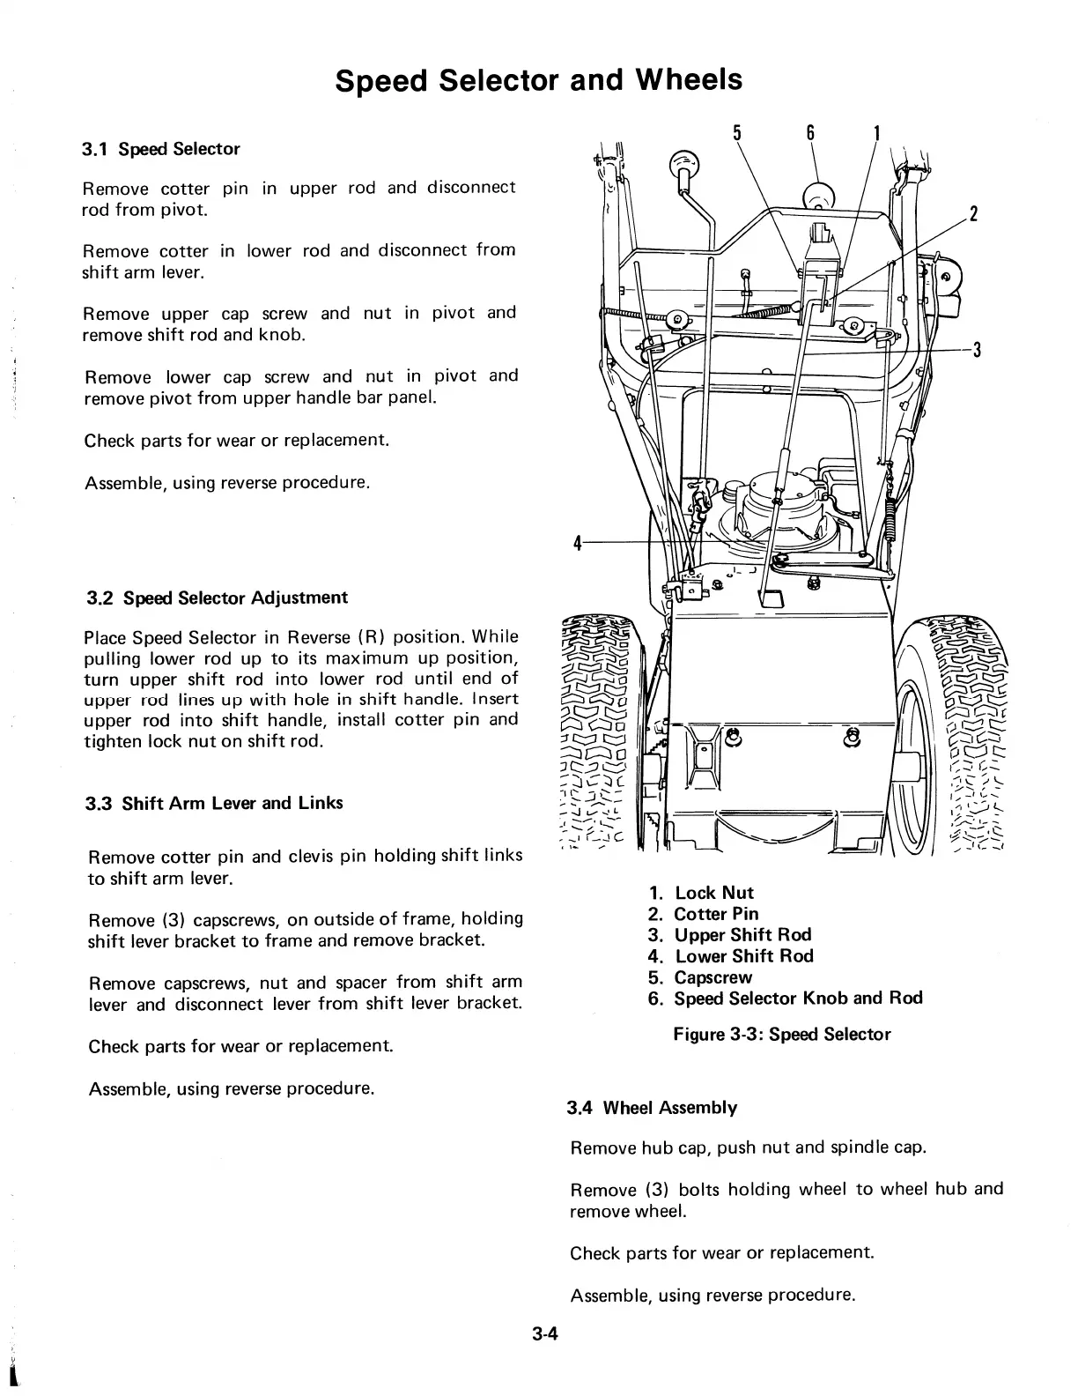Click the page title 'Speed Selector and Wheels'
[x=539, y=80]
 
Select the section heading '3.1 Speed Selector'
[x=160, y=149]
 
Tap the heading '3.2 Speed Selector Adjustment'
[x=217, y=598]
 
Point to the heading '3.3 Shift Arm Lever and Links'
[x=214, y=803]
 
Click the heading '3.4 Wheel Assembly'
[x=652, y=1108]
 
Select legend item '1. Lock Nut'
[x=701, y=893]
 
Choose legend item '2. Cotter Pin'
[x=703, y=914]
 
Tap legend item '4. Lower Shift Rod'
[x=730, y=956]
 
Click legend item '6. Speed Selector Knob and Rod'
[x=785, y=999]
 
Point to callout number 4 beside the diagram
[x=577, y=544]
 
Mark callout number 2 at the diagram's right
[x=974, y=214]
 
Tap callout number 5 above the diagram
[x=736, y=133]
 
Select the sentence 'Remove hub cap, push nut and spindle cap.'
[x=748, y=1147]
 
